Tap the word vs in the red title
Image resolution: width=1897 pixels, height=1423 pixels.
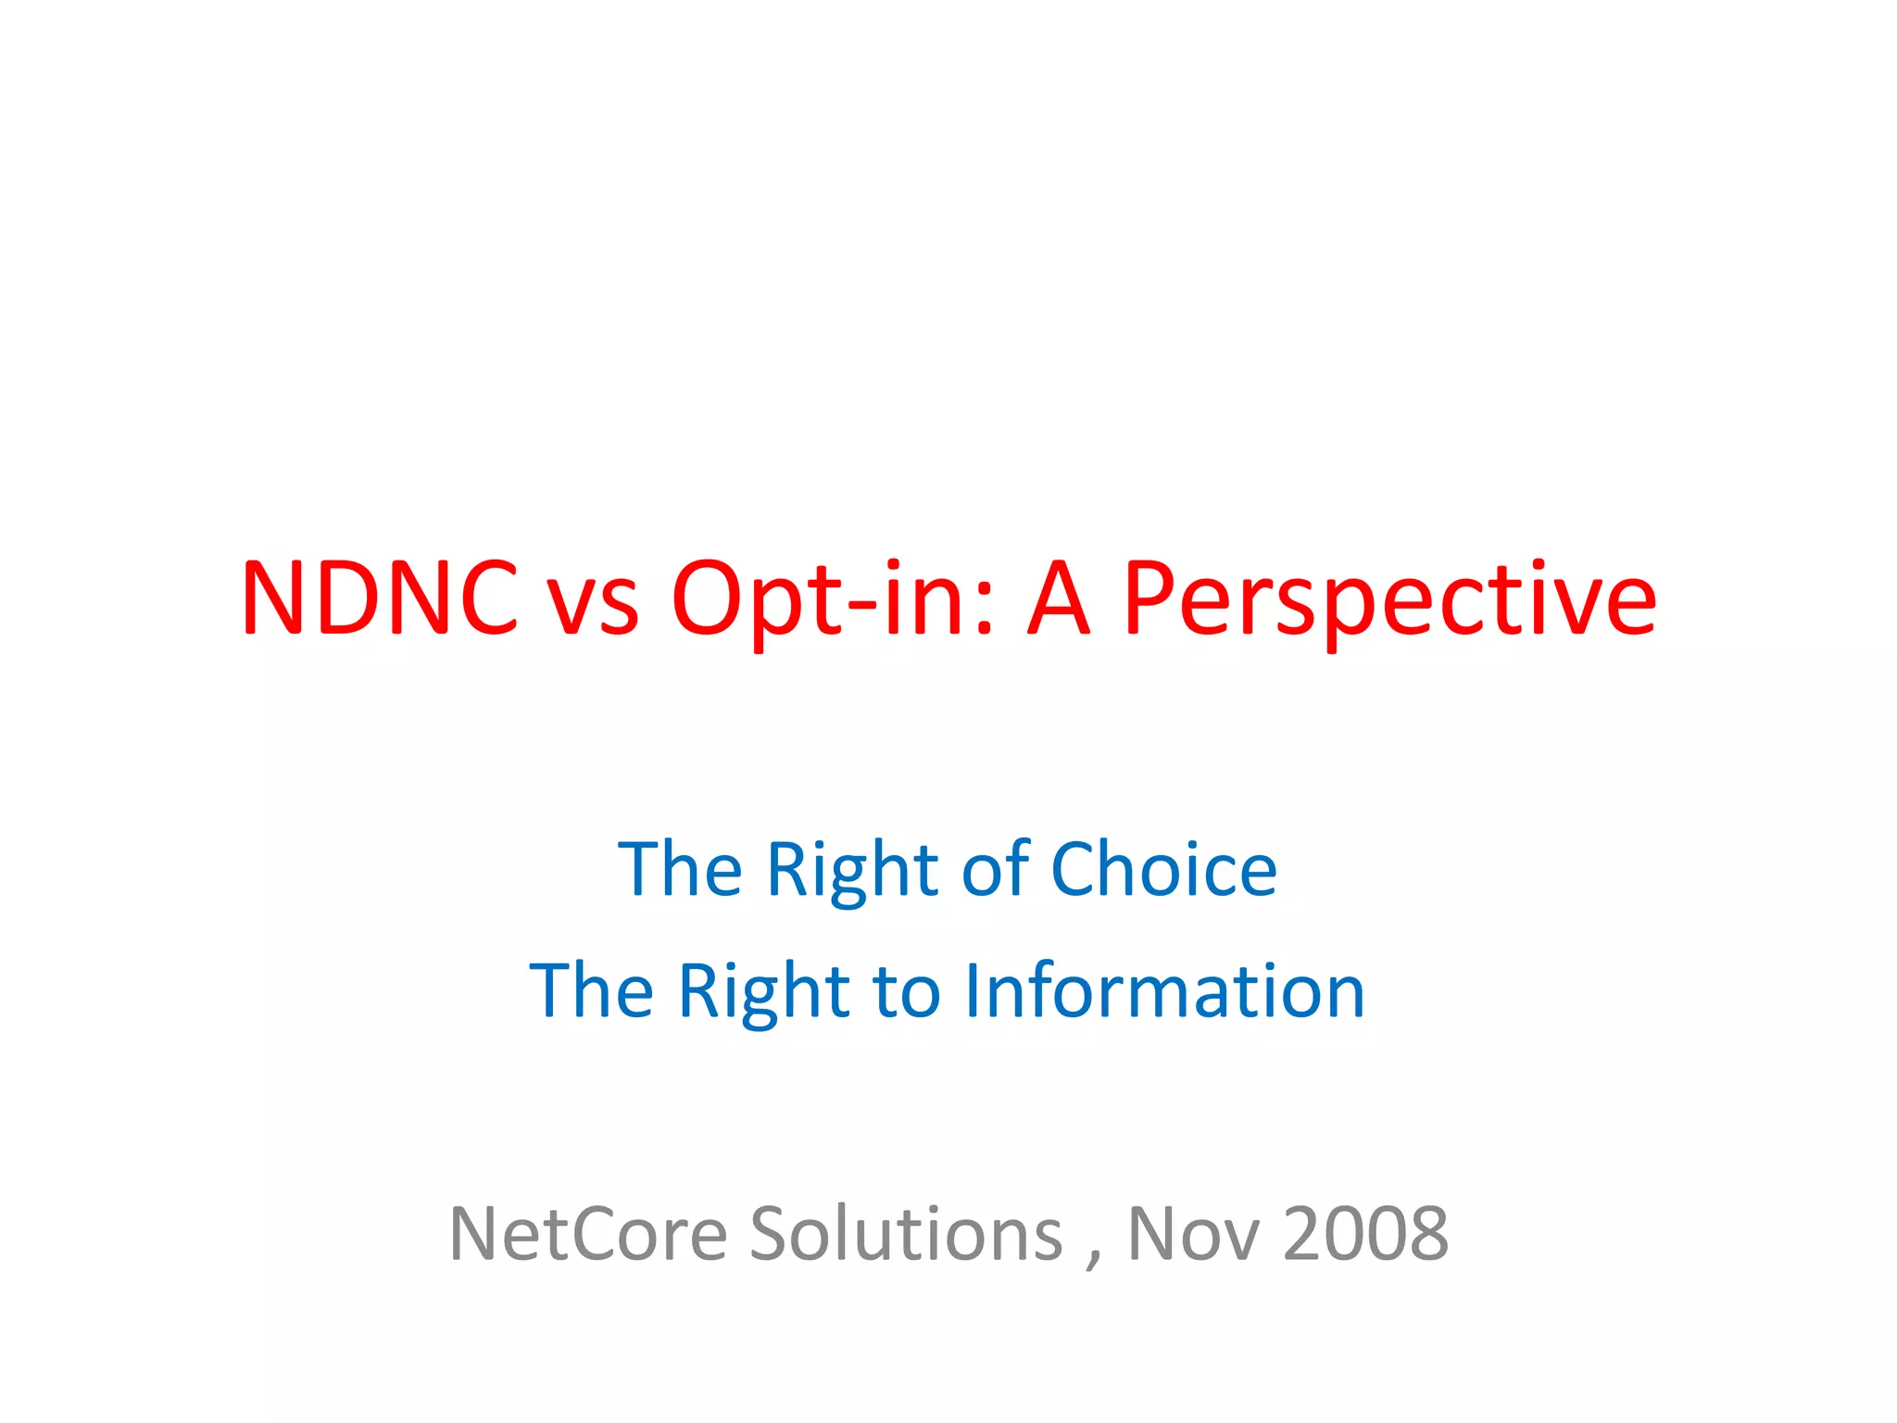(593, 607)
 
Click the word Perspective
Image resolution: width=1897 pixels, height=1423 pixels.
(1389, 602)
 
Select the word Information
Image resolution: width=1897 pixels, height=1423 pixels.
(1164, 990)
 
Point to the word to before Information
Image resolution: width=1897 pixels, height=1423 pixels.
(908, 992)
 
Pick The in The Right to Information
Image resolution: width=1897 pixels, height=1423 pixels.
(592, 990)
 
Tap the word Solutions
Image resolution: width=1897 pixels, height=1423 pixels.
(906, 1234)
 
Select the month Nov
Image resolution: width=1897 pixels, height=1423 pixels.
(1193, 1235)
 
